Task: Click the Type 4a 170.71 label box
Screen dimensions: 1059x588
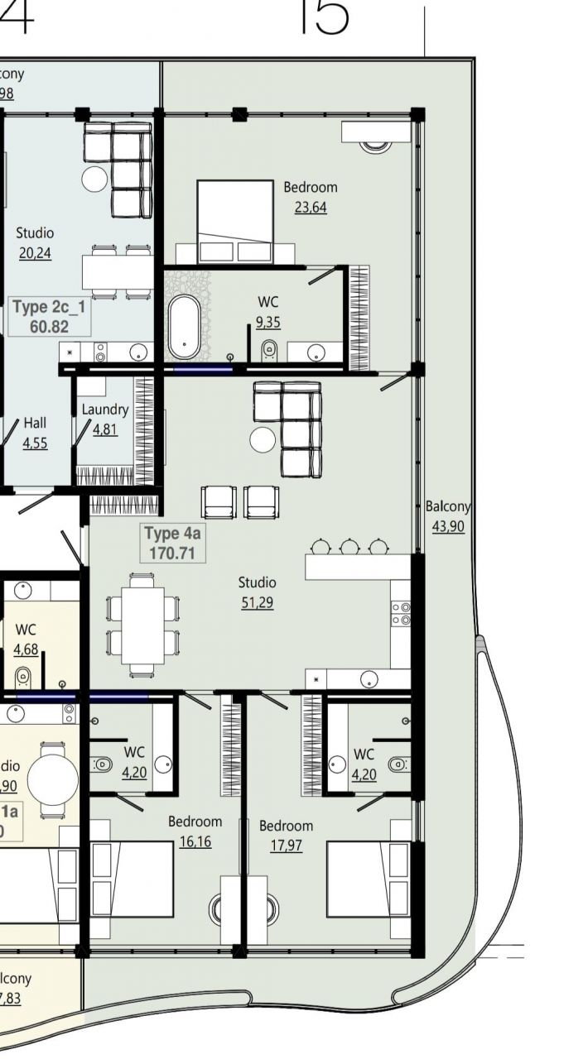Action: pyautogui.click(x=172, y=543)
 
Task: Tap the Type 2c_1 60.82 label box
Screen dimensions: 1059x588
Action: pyautogui.click(x=50, y=317)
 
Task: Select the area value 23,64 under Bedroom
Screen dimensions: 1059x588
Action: pyautogui.click(x=311, y=207)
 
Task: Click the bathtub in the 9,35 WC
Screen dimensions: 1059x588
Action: pyautogui.click(x=183, y=324)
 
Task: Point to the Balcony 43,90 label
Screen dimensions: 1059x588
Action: pyautogui.click(x=448, y=515)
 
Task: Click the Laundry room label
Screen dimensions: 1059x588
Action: pyautogui.click(x=105, y=410)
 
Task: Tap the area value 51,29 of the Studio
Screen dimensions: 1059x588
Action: pyautogui.click(x=257, y=602)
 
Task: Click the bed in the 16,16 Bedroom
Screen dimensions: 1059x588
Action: pyautogui.click(x=131, y=879)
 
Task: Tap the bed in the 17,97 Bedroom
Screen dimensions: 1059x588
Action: pyautogui.click(x=369, y=879)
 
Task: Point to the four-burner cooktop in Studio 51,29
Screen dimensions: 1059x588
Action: pyautogui.click(x=401, y=613)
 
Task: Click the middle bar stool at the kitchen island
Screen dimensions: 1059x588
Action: pyautogui.click(x=349, y=547)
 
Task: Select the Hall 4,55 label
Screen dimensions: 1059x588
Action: pyautogui.click(x=35, y=433)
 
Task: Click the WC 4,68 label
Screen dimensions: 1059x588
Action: pyautogui.click(x=26, y=638)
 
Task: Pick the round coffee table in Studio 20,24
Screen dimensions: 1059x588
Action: pyautogui.click(x=94, y=178)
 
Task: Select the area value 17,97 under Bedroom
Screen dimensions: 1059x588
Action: pyautogui.click(x=286, y=846)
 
